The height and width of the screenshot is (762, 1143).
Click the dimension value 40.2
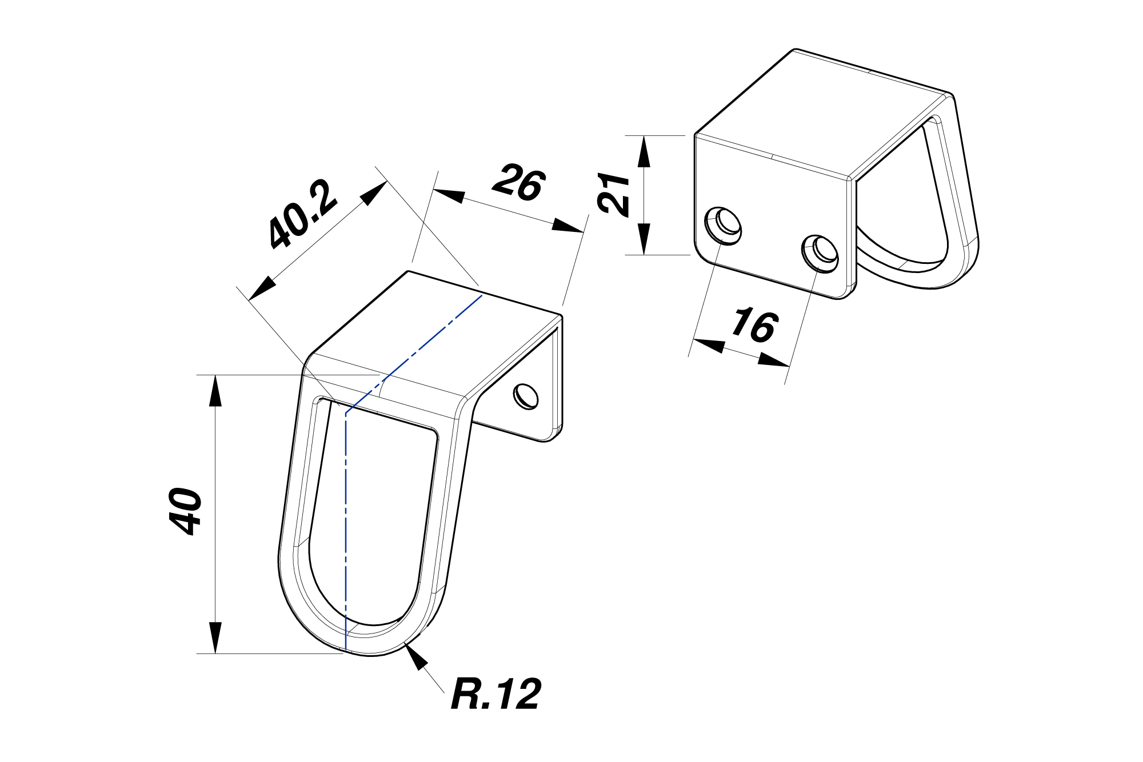pyautogui.click(x=303, y=215)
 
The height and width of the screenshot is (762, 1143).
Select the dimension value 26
pyautogui.click(x=519, y=183)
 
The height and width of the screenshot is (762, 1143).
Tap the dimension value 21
pyautogui.click(x=614, y=194)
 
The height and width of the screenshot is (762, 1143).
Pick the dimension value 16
pyautogui.click(x=755, y=326)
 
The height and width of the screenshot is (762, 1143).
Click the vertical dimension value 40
pyautogui.click(x=186, y=511)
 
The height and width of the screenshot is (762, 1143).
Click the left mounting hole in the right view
pyautogui.click(x=724, y=226)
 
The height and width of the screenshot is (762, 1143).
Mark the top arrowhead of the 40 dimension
pyautogui.click(x=215, y=391)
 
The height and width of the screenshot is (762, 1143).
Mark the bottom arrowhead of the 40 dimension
pyautogui.click(x=215, y=637)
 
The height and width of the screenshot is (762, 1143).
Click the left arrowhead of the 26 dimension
pyautogui.click(x=449, y=195)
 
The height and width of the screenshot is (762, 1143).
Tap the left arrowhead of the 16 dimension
pyautogui.click(x=708, y=345)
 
